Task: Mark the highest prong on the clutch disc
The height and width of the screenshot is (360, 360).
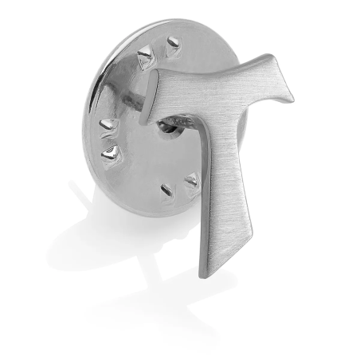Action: point(171,44)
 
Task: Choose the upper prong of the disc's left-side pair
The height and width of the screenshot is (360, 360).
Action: point(108,125)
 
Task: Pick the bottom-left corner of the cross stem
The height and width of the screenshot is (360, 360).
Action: point(200,273)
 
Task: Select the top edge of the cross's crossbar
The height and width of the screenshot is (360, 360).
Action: point(211,71)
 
